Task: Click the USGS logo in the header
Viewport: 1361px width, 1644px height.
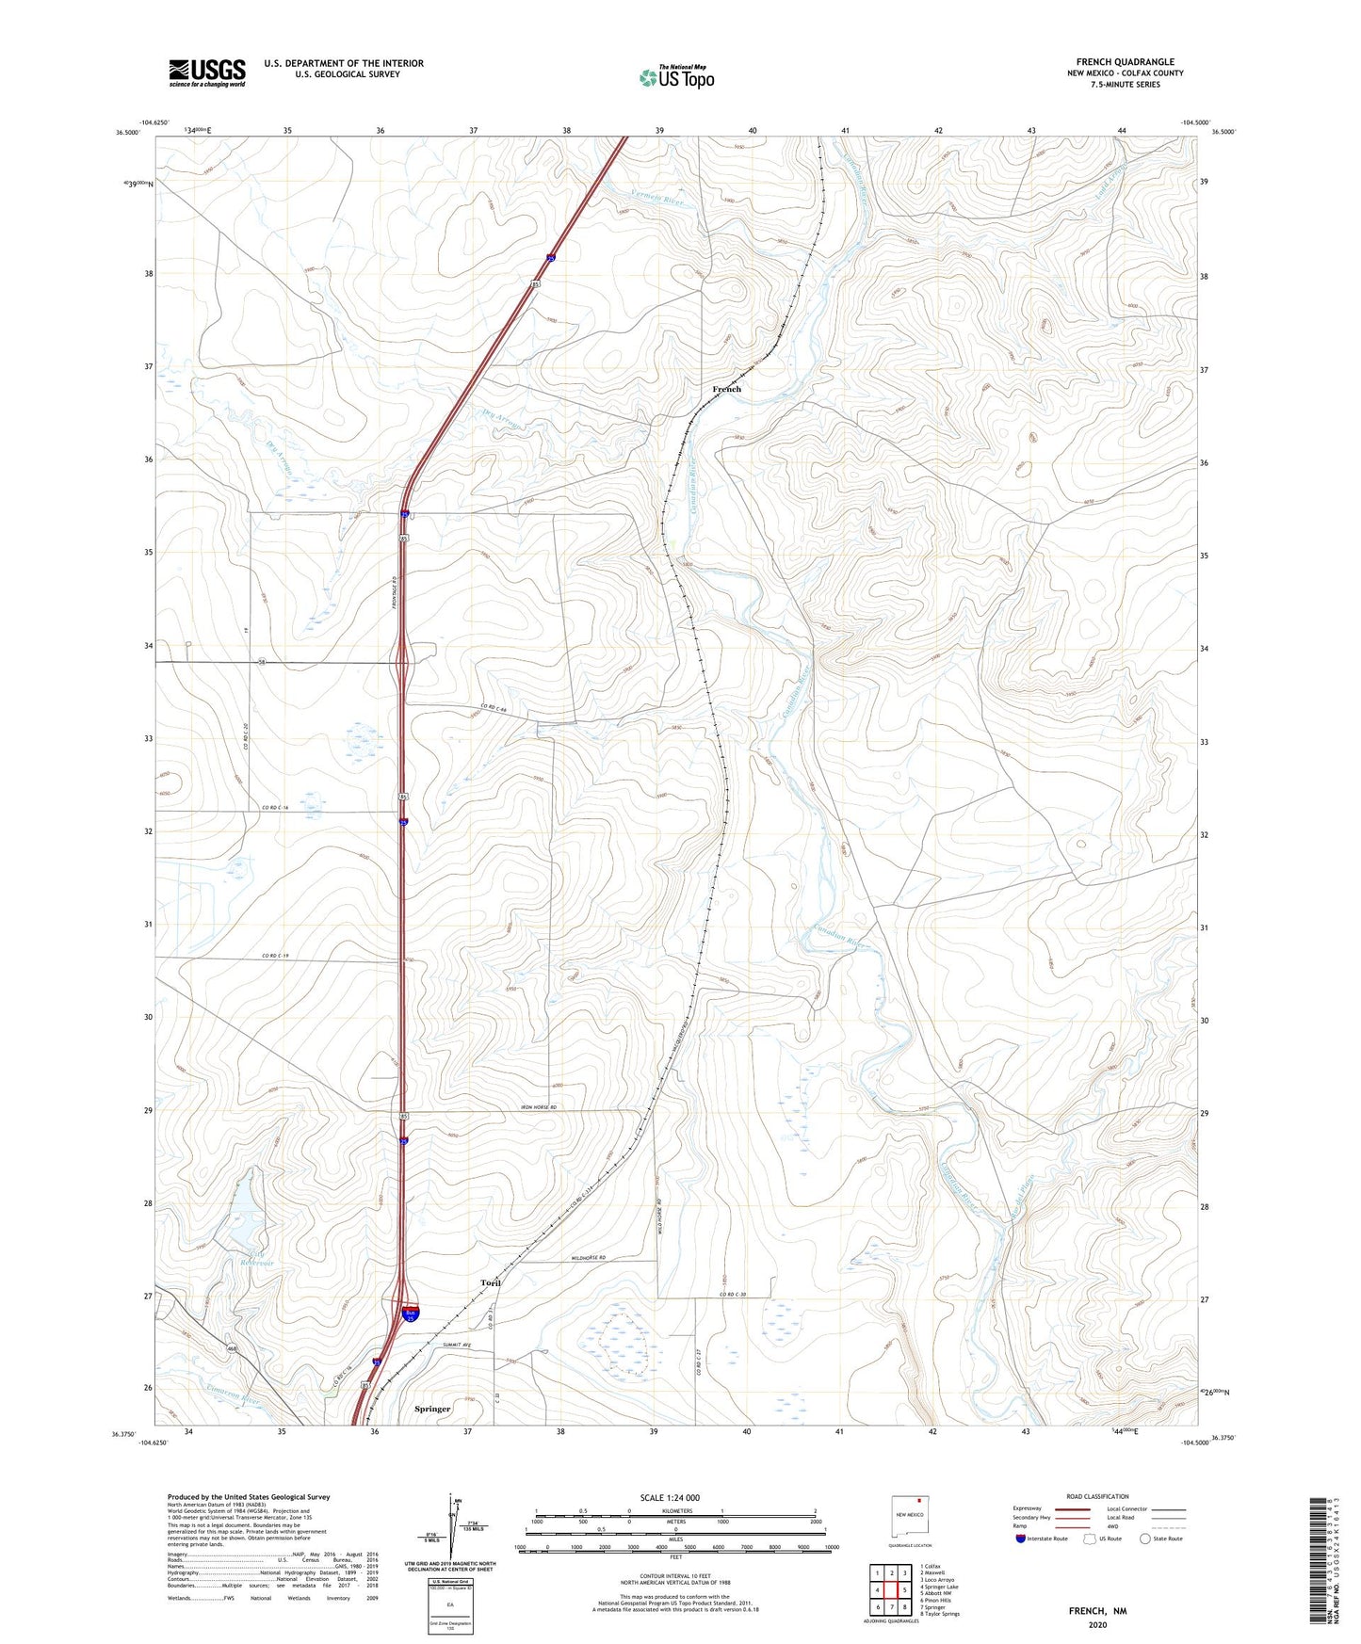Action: [x=207, y=73]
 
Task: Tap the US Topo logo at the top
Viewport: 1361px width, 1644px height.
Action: [x=676, y=77]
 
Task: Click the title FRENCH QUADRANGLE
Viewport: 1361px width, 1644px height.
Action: [x=1125, y=62]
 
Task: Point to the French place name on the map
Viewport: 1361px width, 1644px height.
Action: [x=726, y=389]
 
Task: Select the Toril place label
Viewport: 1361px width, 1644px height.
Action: [x=490, y=1282]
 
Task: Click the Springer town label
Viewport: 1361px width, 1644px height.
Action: [x=432, y=1409]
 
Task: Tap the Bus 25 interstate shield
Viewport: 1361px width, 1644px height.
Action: [x=410, y=1314]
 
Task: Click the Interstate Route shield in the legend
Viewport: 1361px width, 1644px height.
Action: [x=1021, y=1539]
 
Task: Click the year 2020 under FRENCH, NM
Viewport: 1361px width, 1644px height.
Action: [x=1097, y=1624]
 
